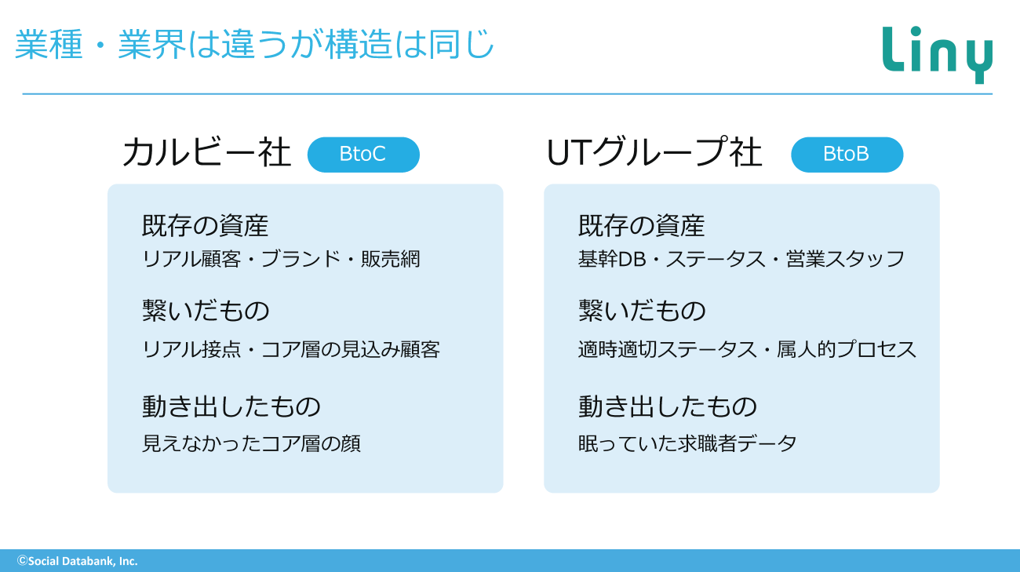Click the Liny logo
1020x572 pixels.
tap(937, 55)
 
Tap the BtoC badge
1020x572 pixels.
tap(363, 155)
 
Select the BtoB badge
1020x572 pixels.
tap(847, 155)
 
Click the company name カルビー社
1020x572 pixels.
tap(207, 152)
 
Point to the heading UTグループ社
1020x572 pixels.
tap(654, 152)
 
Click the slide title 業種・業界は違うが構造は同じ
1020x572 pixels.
tap(254, 44)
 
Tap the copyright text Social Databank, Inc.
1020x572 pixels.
tap(78, 561)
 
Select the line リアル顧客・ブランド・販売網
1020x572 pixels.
tap(281, 259)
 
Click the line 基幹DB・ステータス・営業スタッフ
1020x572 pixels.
tap(741, 259)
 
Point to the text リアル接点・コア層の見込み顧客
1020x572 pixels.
tap(291, 349)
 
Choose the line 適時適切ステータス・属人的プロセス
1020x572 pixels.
tap(747, 349)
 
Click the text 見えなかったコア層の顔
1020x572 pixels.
tap(251, 443)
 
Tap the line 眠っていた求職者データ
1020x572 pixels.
tap(687, 443)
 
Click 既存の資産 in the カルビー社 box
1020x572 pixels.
tap(206, 225)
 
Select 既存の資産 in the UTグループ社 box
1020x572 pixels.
tap(642, 225)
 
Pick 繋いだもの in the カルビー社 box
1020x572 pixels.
tap(206, 311)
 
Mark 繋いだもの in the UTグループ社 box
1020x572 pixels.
tap(642, 311)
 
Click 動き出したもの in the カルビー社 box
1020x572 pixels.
tap(231, 406)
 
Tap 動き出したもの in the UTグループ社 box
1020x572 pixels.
tap(668, 406)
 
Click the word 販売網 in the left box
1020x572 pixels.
tap(391, 259)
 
